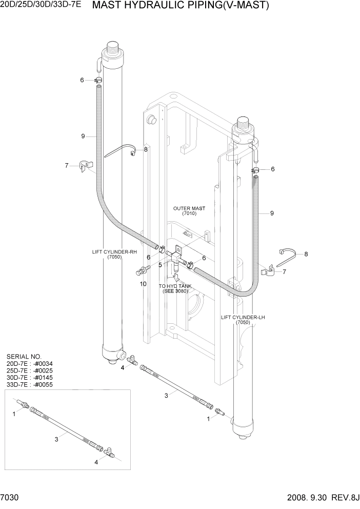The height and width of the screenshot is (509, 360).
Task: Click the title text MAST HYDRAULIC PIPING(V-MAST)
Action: tap(180, 6)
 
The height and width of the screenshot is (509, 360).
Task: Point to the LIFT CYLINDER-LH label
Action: tap(243, 320)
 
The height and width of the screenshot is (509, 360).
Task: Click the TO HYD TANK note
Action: tap(175, 288)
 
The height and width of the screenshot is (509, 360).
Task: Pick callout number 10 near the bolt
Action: tap(143, 283)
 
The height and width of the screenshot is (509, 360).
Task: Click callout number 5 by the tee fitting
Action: tap(160, 265)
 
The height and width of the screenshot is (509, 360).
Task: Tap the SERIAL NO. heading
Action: tap(25, 356)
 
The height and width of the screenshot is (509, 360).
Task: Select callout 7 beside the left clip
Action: tap(66, 165)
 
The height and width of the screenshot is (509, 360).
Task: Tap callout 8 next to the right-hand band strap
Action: tap(306, 254)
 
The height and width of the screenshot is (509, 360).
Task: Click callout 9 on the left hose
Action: tap(82, 136)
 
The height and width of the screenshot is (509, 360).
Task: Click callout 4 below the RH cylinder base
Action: tap(122, 367)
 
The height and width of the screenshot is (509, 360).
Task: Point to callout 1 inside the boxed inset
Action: tap(14, 414)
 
